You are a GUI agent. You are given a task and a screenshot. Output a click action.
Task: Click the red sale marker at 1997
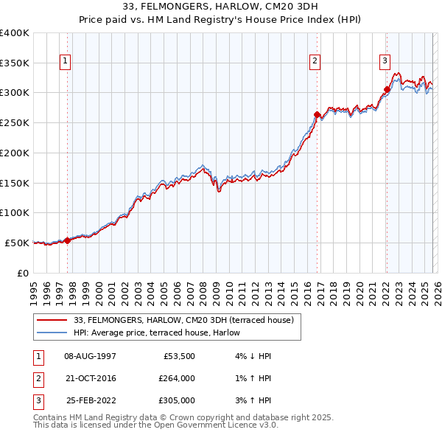pos(67,240)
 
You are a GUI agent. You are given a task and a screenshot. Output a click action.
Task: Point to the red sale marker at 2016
pos(317,114)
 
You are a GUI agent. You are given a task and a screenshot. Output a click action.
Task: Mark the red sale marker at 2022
pos(386,89)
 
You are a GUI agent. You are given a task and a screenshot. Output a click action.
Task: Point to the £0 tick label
pos(22,272)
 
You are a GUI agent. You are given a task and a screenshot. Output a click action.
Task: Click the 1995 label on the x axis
pos(34,290)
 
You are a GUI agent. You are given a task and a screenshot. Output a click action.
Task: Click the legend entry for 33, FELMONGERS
pos(183,319)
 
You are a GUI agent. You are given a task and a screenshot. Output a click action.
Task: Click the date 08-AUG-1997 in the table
pos(90,355)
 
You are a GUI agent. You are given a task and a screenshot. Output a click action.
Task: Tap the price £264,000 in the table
pos(177,378)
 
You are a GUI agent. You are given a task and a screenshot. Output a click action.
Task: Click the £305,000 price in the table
pos(177,400)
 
